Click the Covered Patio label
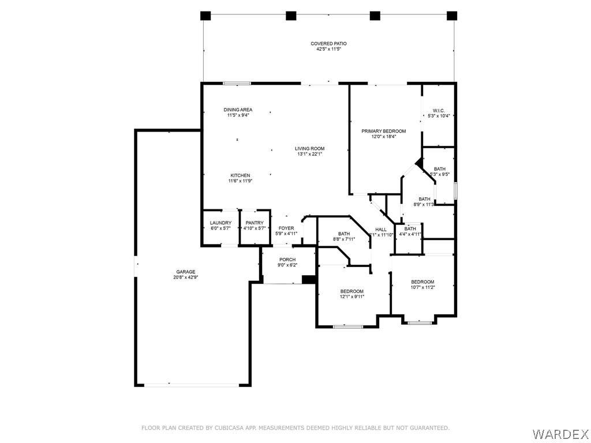[x=328, y=44]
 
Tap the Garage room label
[x=186, y=272]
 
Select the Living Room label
[x=309, y=149]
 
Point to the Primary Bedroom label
[x=384, y=131]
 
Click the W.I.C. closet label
[x=439, y=111]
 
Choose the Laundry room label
[x=220, y=223]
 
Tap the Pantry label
[x=255, y=223]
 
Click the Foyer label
[x=286, y=228]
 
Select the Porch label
[x=287, y=260]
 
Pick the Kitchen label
[x=240, y=175]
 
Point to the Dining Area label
[x=238, y=110]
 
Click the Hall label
[x=381, y=230]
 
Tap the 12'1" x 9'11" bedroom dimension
[x=352, y=296]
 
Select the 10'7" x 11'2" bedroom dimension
[x=422, y=287]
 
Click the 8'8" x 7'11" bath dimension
[x=344, y=239]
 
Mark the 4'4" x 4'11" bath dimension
[x=410, y=234]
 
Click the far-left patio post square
[x=205, y=16]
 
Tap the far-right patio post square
[x=452, y=16]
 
